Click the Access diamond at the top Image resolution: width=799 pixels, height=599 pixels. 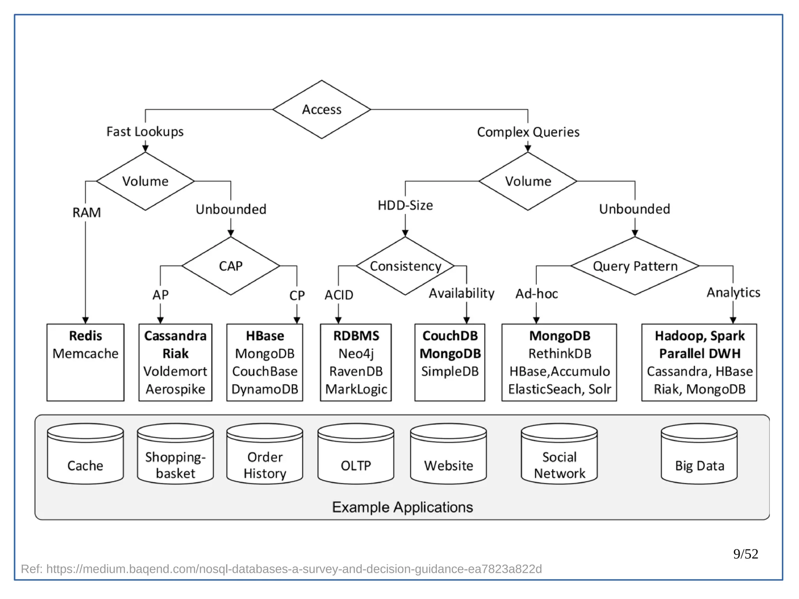point(321,110)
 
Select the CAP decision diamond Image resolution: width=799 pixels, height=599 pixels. point(231,266)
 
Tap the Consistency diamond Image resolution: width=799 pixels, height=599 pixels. point(405,266)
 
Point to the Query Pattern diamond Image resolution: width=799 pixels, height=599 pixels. point(635,266)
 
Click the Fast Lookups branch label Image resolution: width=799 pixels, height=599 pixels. point(145,132)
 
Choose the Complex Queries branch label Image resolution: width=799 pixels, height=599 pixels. point(528,132)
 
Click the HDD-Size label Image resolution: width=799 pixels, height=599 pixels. point(405,205)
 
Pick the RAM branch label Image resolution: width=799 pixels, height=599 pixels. point(86,213)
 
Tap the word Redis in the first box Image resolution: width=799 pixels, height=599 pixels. point(85,336)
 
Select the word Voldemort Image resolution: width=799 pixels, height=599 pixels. point(175,371)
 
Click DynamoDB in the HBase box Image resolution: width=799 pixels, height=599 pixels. point(265,389)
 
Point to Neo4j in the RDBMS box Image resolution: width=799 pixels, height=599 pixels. point(355,354)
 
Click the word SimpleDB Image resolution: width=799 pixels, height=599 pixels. point(449,371)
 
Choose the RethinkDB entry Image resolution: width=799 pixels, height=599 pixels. point(559,354)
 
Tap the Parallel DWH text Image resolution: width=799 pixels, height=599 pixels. point(700,354)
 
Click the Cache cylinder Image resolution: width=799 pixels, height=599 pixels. point(85,455)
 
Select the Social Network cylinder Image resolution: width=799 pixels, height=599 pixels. point(559,455)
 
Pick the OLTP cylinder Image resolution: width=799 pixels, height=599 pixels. point(355,455)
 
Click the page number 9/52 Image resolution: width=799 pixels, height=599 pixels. point(745,554)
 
